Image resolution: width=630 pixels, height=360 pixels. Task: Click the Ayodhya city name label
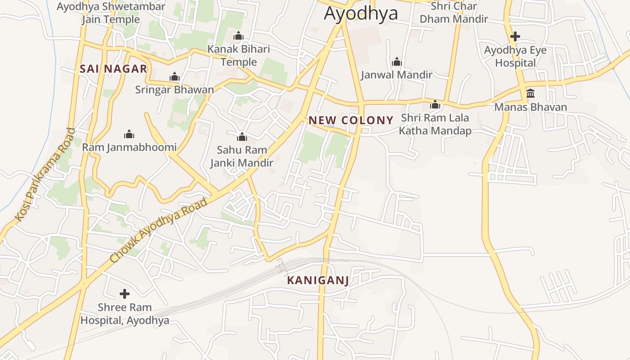361,13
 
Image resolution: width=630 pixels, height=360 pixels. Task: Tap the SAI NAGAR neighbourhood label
113,69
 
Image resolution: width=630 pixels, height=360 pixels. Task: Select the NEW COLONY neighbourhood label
351,120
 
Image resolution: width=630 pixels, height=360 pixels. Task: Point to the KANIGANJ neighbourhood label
318,280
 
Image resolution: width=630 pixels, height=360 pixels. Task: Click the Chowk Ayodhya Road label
159,230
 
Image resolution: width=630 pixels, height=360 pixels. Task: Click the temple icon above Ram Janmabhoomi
129,134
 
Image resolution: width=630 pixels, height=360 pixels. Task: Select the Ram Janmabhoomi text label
129,147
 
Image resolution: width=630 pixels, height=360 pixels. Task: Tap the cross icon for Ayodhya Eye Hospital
515,36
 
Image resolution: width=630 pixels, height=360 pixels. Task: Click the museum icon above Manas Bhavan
531,94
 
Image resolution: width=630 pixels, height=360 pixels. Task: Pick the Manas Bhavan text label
531,107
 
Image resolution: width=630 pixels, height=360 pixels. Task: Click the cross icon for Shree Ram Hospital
125,294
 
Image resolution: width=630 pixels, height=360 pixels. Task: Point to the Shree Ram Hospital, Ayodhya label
125,314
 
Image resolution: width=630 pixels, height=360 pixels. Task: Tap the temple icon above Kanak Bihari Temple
238,36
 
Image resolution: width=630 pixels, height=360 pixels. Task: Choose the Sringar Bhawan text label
175,90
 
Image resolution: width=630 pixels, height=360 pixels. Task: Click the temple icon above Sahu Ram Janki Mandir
242,136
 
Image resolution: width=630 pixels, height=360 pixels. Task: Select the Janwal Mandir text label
396,75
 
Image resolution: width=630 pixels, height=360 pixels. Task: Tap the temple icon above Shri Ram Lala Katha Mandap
435,104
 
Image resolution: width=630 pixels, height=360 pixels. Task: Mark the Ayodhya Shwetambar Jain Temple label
111,13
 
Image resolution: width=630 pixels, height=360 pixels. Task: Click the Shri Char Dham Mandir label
454,13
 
